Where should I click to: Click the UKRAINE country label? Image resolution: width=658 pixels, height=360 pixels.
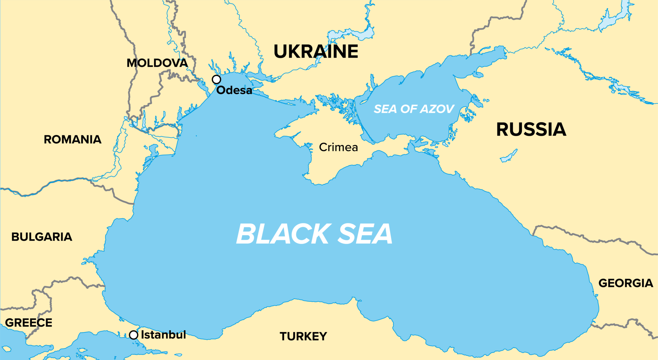(316, 51)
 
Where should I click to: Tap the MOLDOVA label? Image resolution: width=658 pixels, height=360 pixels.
(157, 63)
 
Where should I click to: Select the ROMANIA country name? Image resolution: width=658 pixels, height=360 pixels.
(73, 139)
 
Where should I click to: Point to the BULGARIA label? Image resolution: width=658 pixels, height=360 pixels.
(42, 237)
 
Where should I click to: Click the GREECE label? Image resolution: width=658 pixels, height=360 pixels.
(29, 323)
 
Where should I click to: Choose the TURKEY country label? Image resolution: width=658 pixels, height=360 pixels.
(303, 337)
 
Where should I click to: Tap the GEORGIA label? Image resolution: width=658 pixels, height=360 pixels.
(626, 283)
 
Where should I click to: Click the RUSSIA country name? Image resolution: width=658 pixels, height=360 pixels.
(531, 130)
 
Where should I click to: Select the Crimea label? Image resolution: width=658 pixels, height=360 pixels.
(338, 147)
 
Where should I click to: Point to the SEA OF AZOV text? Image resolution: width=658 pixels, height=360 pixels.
(414, 109)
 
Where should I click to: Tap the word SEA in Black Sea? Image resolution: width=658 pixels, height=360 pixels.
(365, 234)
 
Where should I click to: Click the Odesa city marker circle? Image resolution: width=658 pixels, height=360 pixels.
(217, 79)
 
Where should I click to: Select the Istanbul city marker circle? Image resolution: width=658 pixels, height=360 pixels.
(134, 335)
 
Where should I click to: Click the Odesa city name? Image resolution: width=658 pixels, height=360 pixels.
(234, 90)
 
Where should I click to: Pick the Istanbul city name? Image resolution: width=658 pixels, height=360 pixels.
(164, 335)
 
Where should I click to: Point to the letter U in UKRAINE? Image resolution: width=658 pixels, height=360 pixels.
(281, 51)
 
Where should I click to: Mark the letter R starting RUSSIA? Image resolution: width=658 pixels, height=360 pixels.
(503, 130)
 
